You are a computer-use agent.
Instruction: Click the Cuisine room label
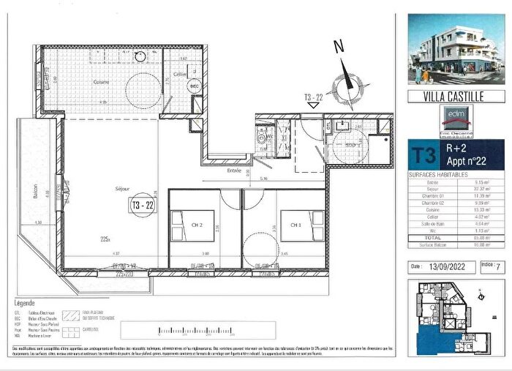click(x=101, y=82)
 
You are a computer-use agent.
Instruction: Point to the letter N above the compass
click(x=338, y=46)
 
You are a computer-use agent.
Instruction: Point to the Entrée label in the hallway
click(x=234, y=170)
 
